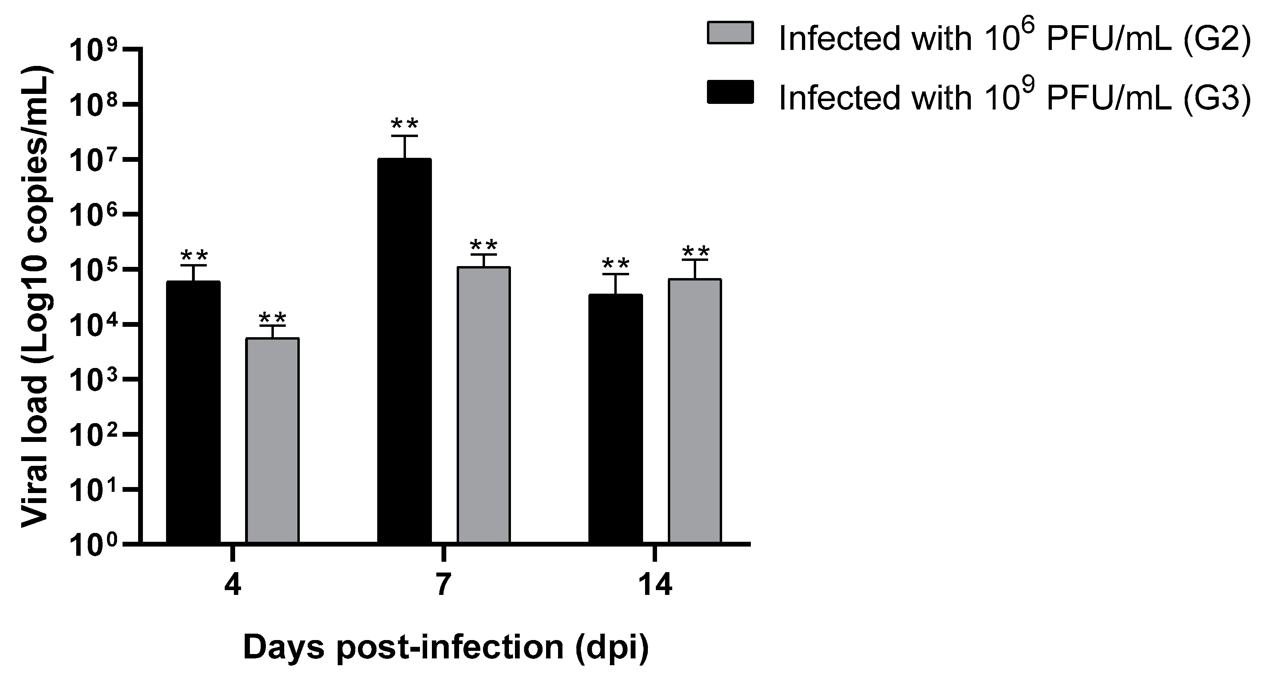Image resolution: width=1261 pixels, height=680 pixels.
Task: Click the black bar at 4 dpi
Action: pos(193,412)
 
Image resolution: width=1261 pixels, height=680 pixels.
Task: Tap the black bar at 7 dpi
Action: pos(404,350)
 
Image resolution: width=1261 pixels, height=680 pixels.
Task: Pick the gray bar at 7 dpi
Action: pos(484,405)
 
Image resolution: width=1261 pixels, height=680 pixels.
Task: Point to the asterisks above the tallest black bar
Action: pos(404,123)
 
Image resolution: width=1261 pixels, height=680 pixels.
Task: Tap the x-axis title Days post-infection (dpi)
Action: pos(445,648)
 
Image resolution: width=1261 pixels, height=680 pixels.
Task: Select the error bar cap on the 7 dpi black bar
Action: pos(404,136)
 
